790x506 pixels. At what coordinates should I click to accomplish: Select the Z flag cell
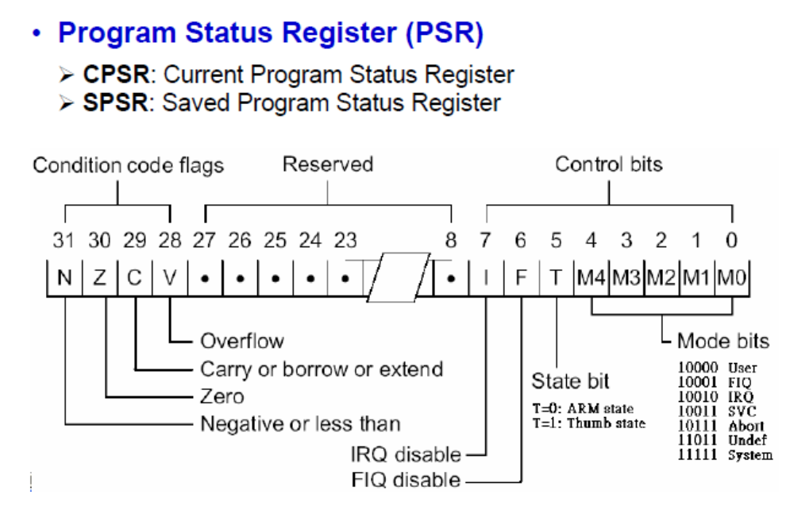(x=99, y=279)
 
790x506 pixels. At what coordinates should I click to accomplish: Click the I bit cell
(x=485, y=279)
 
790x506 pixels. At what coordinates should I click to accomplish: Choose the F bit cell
(x=521, y=279)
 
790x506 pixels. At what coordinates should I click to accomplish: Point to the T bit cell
(x=557, y=279)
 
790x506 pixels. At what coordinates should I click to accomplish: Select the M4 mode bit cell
(x=592, y=279)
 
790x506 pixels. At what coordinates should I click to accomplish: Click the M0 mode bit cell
(x=732, y=279)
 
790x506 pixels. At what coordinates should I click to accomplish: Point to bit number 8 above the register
(x=451, y=240)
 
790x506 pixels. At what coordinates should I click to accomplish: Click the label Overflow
(x=241, y=341)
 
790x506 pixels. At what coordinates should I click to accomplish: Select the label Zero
(x=222, y=395)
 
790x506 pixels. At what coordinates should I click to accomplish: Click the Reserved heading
(x=327, y=164)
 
